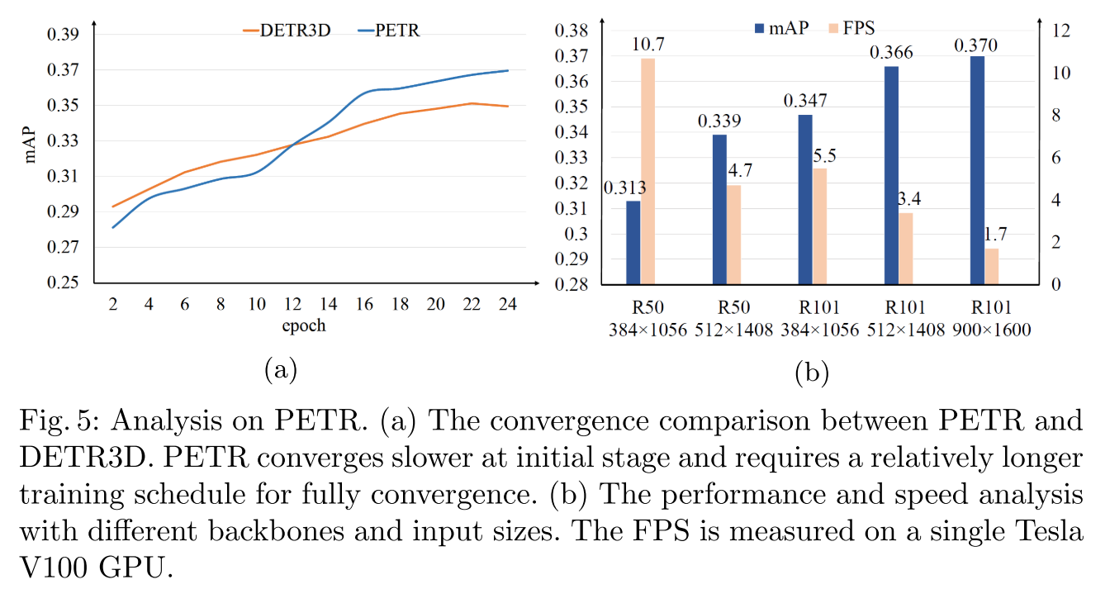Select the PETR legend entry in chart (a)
(x=387, y=31)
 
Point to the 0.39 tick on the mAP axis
(x=64, y=35)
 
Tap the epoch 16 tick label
(x=365, y=303)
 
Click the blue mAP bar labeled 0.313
(x=633, y=243)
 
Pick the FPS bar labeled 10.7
(x=648, y=171)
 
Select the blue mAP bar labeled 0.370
(x=977, y=170)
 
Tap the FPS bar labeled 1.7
(x=992, y=266)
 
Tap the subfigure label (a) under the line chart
(x=280, y=369)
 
